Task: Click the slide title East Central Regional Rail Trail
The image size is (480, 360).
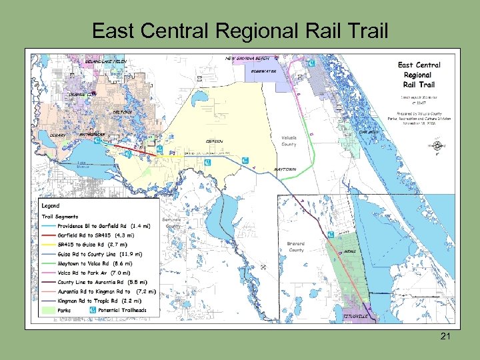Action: coord(239,31)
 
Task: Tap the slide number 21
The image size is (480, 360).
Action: coord(445,337)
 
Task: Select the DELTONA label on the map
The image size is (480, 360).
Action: coord(122,112)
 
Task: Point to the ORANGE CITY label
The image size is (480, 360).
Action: coord(82,95)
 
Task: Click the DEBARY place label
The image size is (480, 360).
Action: coord(58,135)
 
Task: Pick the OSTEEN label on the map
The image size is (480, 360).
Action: coord(214,141)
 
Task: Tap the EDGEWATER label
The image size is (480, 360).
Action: coord(264,71)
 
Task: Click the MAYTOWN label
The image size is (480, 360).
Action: coord(285,169)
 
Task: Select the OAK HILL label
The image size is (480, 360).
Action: coord(369,132)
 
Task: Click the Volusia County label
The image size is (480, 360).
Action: coord(289,141)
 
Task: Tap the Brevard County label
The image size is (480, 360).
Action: coord(296,247)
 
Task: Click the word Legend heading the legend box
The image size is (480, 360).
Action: coord(51,206)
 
